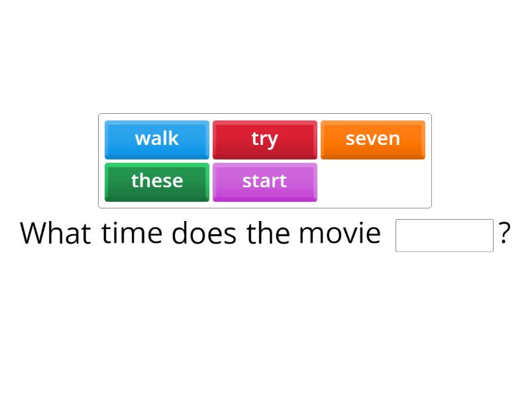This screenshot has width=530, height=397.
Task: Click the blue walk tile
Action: (x=157, y=140)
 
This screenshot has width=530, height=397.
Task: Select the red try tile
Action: (x=264, y=140)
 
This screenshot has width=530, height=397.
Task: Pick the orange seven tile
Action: (x=373, y=140)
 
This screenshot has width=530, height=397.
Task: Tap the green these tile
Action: (x=157, y=181)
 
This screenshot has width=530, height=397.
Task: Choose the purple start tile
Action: (x=264, y=181)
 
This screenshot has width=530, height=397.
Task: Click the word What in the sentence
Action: (x=56, y=234)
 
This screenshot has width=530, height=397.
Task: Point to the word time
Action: (x=132, y=234)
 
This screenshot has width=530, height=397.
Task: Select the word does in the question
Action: (x=203, y=234)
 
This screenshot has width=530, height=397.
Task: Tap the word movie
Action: (x=339, y=234)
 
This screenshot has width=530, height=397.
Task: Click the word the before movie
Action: (x=268, y=234)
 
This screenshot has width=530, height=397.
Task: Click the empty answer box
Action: (x=444, y=236)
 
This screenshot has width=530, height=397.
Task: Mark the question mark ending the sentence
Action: (x=505, y=234)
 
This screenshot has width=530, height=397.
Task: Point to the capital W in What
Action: (x=33, y=234)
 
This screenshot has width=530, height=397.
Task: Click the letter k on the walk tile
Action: (x=174, y=138)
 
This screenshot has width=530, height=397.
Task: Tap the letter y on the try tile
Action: (x=273, y=140)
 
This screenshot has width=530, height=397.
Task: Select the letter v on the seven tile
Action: (x=375, y=139)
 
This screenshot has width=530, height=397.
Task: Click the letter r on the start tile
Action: (x=274, y=181)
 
